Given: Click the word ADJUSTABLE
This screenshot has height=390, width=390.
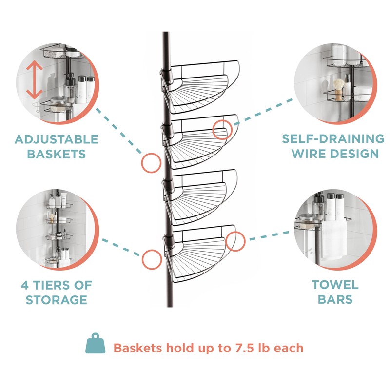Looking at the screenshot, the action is click(x=56, y=139).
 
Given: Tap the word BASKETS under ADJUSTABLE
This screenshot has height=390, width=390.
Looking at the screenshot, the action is click(x=56, y=154).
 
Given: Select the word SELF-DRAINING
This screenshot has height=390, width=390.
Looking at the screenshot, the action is click(x=333, y=139).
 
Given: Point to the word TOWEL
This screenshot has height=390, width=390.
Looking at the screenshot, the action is click(x=335, y=285).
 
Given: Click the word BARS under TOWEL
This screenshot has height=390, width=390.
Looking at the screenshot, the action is click(x=335, y=299).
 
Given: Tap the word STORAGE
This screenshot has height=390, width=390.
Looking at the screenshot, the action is click(x=56, y=299).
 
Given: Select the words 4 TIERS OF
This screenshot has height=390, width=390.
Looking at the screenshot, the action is click(x=56, y=285).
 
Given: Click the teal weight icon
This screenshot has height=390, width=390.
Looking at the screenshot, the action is click(x=95, y=344).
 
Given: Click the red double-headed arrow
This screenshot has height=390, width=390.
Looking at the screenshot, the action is click(x=33, y=79).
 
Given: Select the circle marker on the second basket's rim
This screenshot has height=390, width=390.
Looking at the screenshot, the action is click(x=222, y=129).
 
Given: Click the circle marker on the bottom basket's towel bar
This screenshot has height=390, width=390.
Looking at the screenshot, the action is click(x=235, y=241).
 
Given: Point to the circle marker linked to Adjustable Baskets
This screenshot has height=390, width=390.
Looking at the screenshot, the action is click(x=151, y=162).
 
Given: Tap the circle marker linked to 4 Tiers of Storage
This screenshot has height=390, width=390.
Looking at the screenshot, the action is click(x=152, y=259).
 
